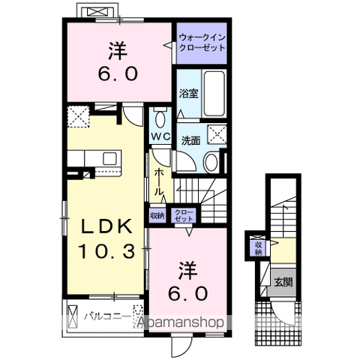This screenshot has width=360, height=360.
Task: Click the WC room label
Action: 160,136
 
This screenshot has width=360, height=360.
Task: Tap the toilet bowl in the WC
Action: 160,119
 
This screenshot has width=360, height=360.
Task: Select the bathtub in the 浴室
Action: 213,94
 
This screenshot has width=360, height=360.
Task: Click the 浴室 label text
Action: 189,94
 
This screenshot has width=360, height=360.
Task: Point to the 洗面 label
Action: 190,141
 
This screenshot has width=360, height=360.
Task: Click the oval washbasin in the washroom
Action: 211,162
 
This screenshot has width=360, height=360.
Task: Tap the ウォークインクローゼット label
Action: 202,43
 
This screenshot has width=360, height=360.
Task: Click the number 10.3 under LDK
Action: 107,250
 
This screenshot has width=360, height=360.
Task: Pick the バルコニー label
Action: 107,317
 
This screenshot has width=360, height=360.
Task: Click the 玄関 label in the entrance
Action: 283,282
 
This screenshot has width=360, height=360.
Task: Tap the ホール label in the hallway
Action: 159,181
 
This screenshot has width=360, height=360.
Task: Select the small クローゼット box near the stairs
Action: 184,215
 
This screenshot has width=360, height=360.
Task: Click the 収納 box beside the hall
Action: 157,215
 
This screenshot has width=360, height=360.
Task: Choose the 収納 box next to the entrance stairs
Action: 258,248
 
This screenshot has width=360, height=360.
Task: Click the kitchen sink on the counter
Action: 109,158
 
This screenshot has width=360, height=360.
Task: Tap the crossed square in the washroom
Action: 217,134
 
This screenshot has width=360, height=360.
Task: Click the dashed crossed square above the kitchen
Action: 78,117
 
